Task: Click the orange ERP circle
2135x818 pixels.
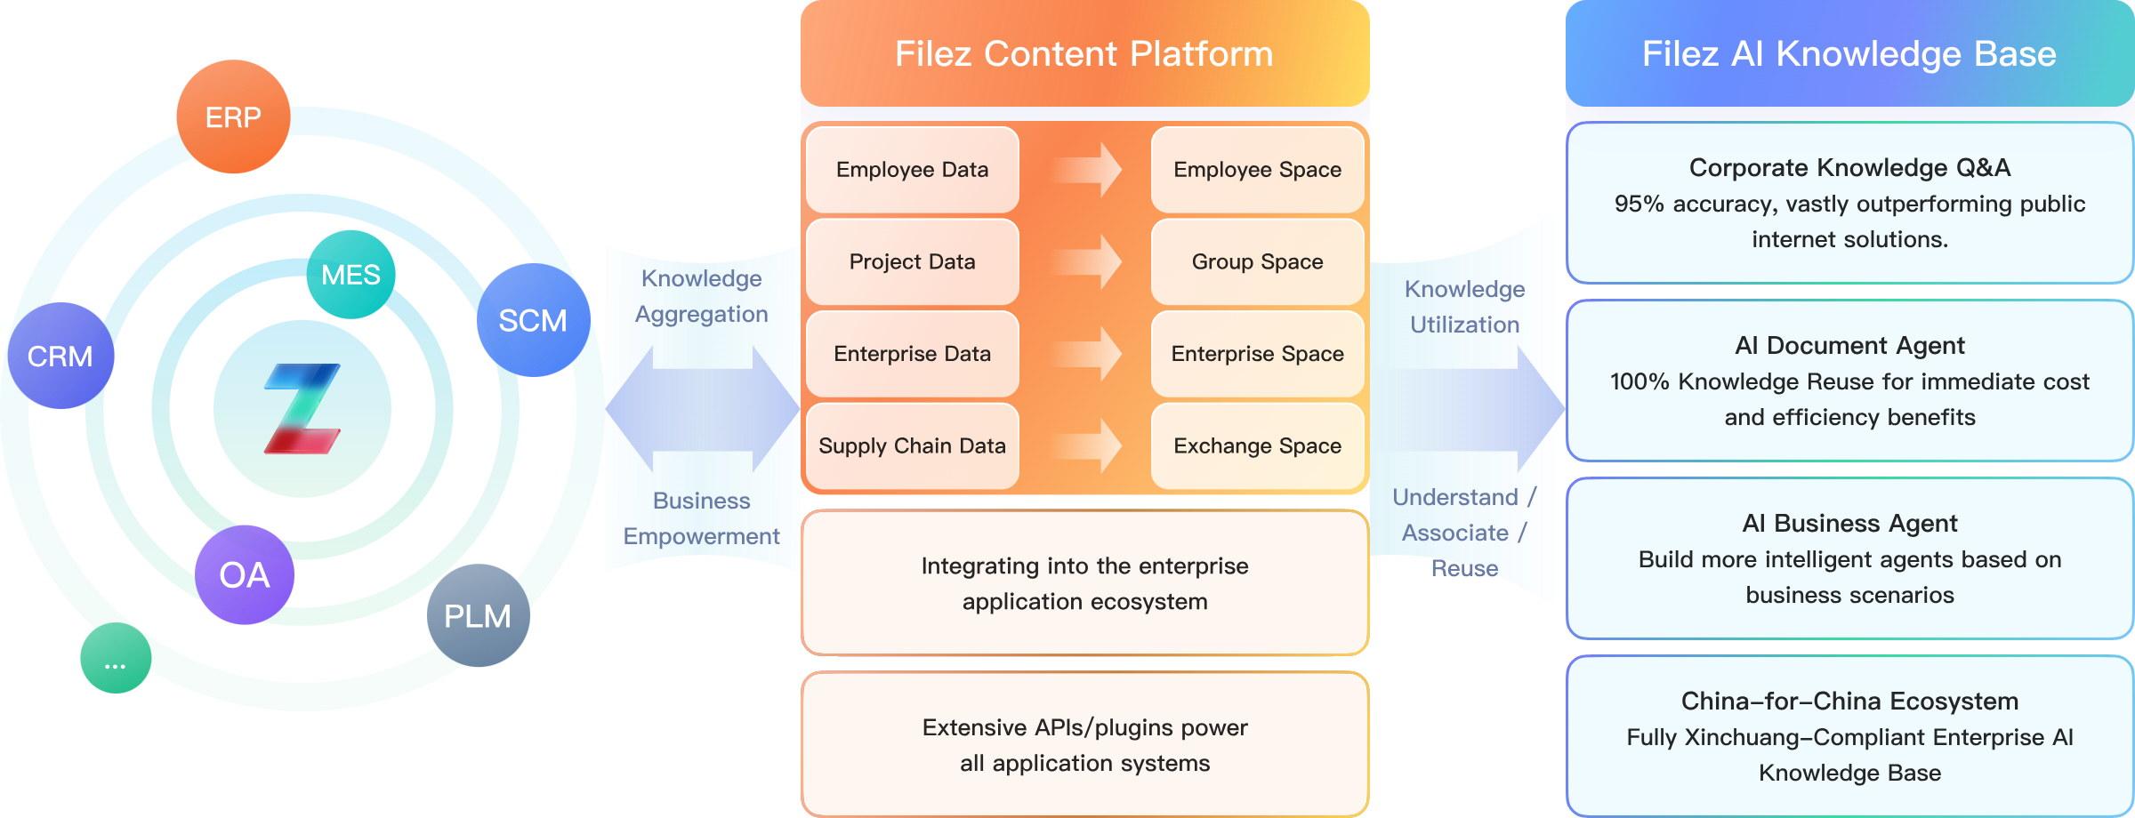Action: [233, 116]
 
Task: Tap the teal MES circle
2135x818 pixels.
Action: [350, 275]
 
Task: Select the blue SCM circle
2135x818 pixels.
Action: [533, 320]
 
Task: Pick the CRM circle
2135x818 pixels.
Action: [60, 356]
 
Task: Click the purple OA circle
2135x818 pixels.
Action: [245, 575]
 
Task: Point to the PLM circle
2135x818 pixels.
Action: [478, 615]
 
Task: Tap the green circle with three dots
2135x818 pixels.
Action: [116, 659]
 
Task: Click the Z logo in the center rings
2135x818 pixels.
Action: [302, 409]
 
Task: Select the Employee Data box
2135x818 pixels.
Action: [912, 170]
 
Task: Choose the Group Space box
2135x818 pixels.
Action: [1257, 261]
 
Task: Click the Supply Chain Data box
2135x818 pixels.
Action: [912, 445]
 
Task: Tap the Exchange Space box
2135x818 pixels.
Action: [1257, 445]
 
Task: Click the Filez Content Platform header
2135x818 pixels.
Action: [1084, 53]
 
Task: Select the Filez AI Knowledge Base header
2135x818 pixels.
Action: [1849, 53]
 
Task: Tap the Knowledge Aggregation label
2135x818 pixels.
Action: [701, 296]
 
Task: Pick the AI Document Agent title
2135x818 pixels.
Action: [1849, 345]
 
